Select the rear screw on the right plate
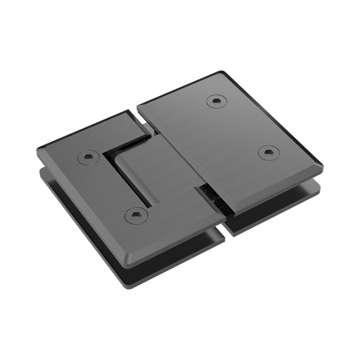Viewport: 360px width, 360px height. [x=215, y=101]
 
